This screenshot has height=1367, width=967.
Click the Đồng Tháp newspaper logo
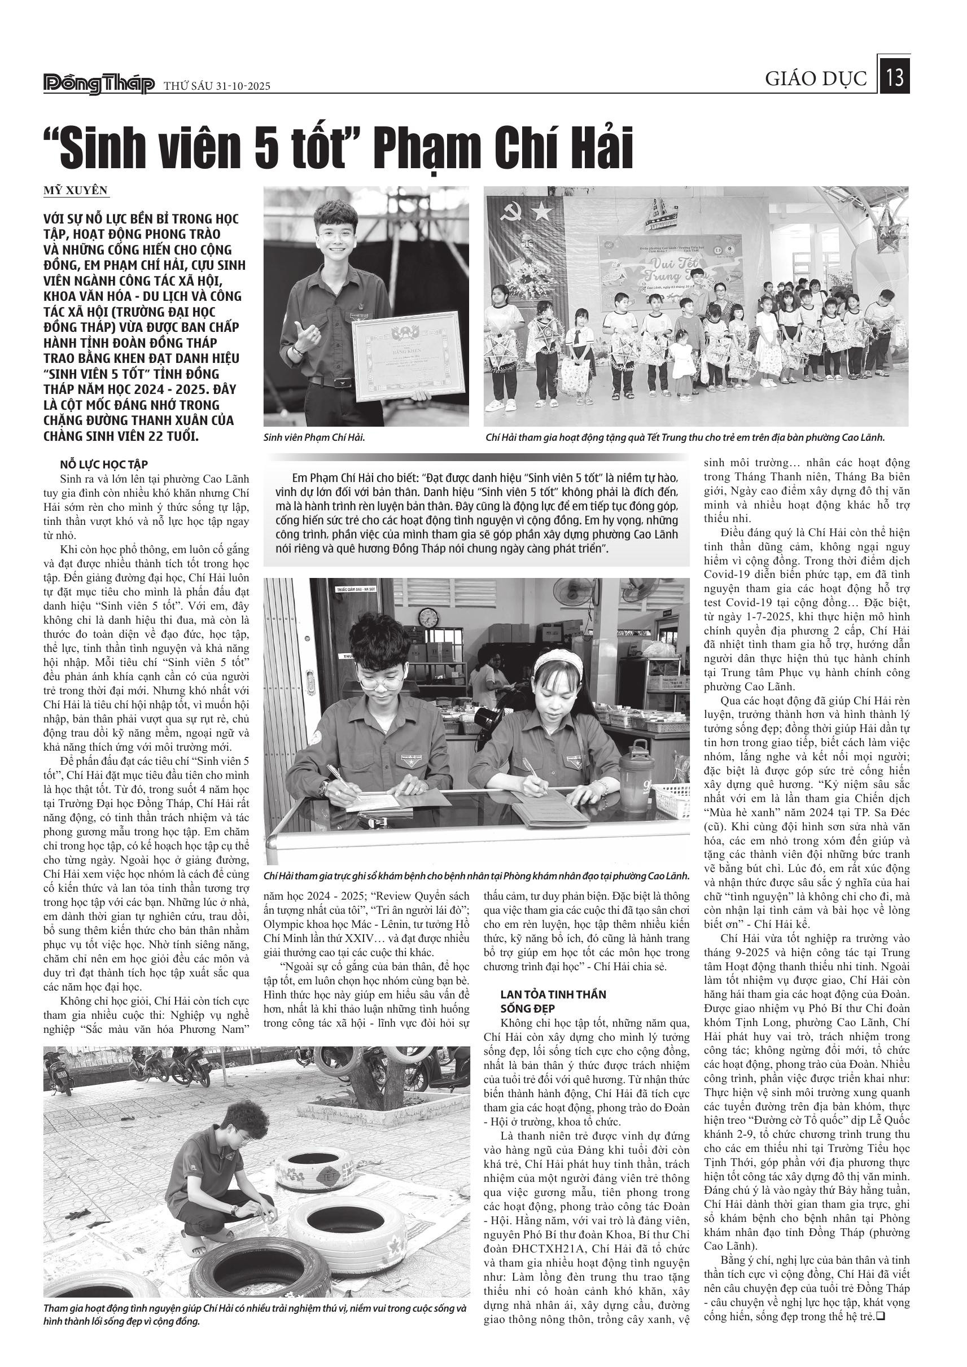(x=99, y=85)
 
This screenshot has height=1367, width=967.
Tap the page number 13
(x=895, y=78)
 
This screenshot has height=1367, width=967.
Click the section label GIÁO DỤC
(x=816, y=78)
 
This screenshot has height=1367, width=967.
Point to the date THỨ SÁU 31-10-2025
(x=217, y=86)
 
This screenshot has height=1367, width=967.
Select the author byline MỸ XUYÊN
(x=76, y=190)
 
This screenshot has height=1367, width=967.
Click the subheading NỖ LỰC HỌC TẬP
(x=104, y=465)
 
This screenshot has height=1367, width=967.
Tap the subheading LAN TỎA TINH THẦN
(x=553, y=994)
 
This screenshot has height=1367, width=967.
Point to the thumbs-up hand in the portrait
(x=307, y=338)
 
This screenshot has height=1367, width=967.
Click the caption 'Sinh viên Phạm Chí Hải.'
(x=314, y=437)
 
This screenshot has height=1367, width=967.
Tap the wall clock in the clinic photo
(x=427, y=618)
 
